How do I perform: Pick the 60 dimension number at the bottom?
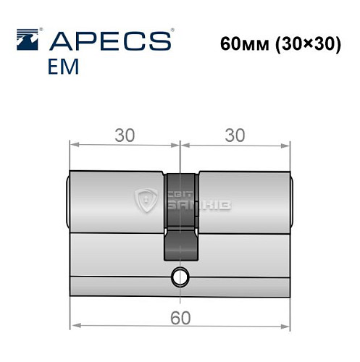[178, 316]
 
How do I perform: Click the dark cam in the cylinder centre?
[178, 217]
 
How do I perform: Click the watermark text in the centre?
[190, 201]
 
